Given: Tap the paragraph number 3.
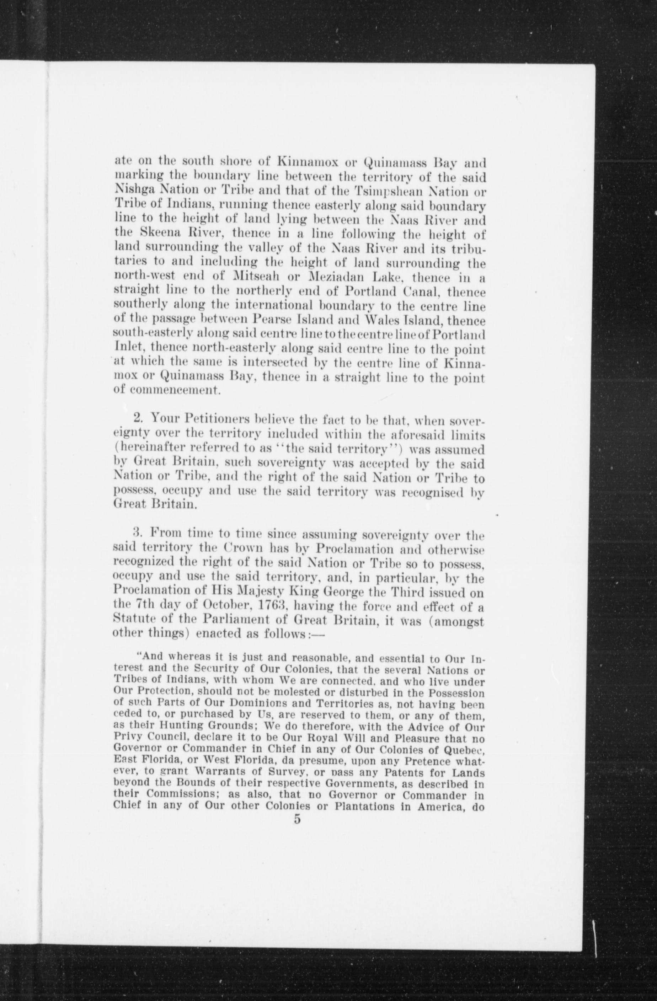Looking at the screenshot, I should (x=137, y=534).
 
